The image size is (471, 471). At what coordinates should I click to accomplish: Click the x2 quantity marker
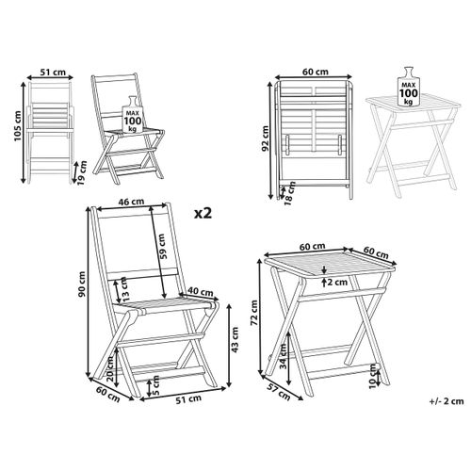point(199,214)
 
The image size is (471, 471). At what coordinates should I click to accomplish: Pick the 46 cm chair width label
point(131,203)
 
